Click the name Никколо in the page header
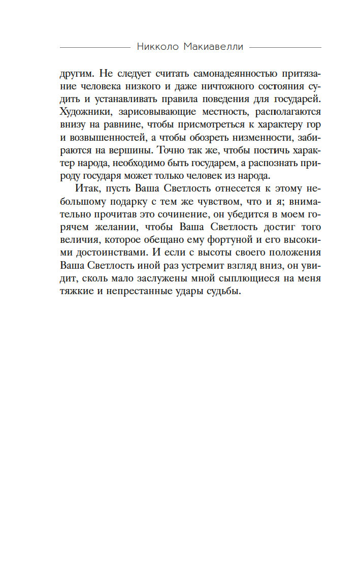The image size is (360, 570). coord(157,47)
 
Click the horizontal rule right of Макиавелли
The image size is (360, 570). coord(285,47)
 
